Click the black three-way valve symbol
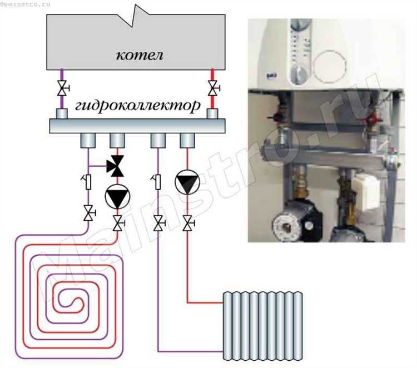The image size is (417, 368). pyautogui.click(x=115, y=164)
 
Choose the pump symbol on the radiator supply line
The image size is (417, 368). pyautogui.click(x=186, y=181)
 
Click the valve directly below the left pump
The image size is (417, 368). pyautogui.click(x=116, y=224)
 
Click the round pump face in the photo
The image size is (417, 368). pyautogui.click(x=285, y=226)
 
